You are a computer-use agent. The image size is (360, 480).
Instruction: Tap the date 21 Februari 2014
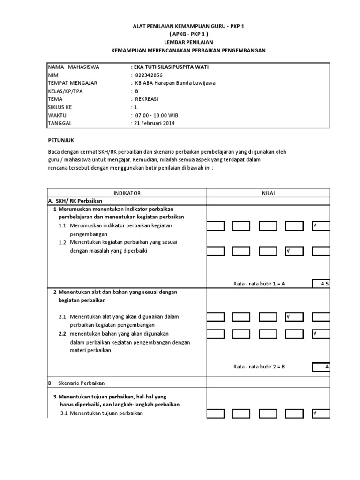pos(153,123)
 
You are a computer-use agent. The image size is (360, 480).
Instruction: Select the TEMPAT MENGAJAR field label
pos(73,83)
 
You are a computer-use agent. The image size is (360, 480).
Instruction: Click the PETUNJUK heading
pos(62,140)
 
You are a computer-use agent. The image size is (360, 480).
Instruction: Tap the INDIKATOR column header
pos(127,193)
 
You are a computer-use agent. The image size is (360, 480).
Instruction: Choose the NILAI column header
pos(269,193)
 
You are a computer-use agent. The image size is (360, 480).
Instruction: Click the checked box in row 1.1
pos(321,226)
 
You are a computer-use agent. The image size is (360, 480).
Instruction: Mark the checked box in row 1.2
pos(294,251)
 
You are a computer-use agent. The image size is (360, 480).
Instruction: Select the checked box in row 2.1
pos(294,317)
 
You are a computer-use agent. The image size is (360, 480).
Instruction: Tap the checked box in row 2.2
pos(321,334)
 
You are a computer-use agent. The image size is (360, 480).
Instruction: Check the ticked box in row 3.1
pos(321,413)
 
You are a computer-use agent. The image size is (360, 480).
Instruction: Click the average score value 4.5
pos(321,283)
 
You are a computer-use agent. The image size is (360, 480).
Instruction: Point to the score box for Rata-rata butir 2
pos(321,367)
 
